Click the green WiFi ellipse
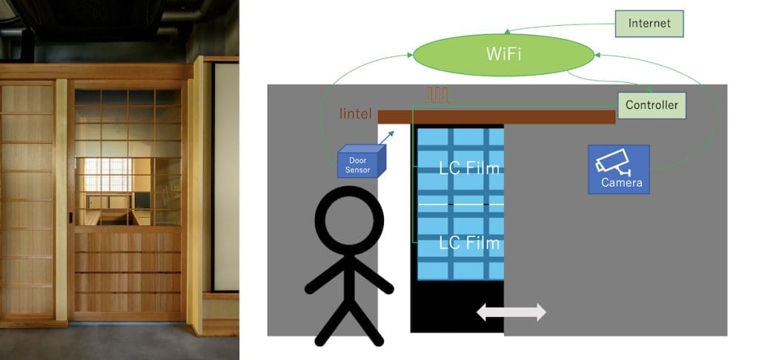(x=503, y=55)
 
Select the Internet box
(x=649, y=24)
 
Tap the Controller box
(x=652, y=105)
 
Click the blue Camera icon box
(x=619, y=170)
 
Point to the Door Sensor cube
(x=362, y=161)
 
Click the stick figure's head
(x=349, y=220)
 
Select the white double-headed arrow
(x=511, y=312)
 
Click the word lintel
(x=356, y=114)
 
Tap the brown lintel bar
(x=496, y=116)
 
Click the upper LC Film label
(x=469, y=168)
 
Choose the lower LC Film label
(x=469, y=243)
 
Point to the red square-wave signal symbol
(x=437, y=95)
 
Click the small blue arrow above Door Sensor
(x=387, y=137)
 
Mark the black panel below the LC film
(x=457, y=306)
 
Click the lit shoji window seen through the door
(x=107, y=175)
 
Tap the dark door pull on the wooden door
(x=70, y=219)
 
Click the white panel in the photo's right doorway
(x=226, y=176)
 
